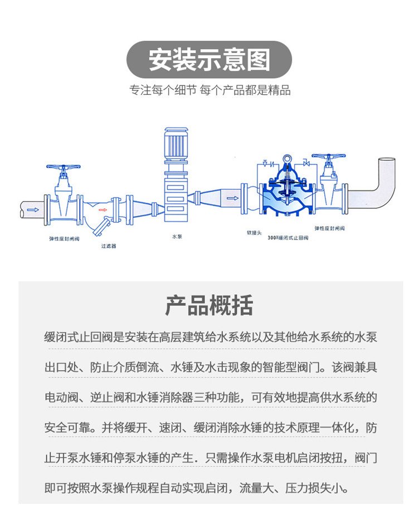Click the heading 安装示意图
209,60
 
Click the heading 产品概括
209,305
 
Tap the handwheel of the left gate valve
63,167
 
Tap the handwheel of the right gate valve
328,157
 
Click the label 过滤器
108,246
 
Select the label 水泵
177,237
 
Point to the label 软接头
254,232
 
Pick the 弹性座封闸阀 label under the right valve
330,228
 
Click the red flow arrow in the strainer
103,210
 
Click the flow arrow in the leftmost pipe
33,210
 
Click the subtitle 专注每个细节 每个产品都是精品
209,90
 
